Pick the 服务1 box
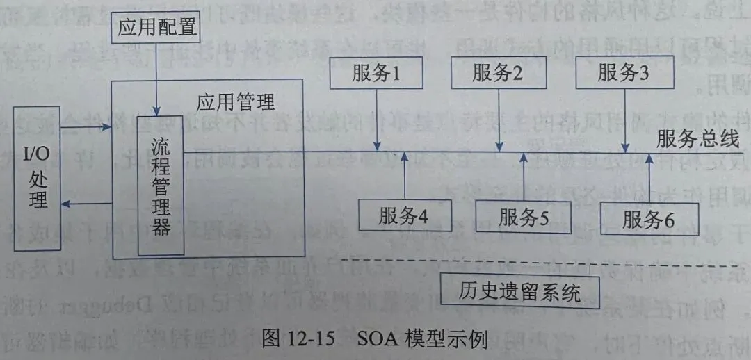pos(376,73)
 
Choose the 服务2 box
pos(497,73)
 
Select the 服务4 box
pos(403,215)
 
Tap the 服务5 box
pos(524,216)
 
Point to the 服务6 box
pos(648,220)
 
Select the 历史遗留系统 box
pos(521,291)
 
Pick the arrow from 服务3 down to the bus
pos(624,120)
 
